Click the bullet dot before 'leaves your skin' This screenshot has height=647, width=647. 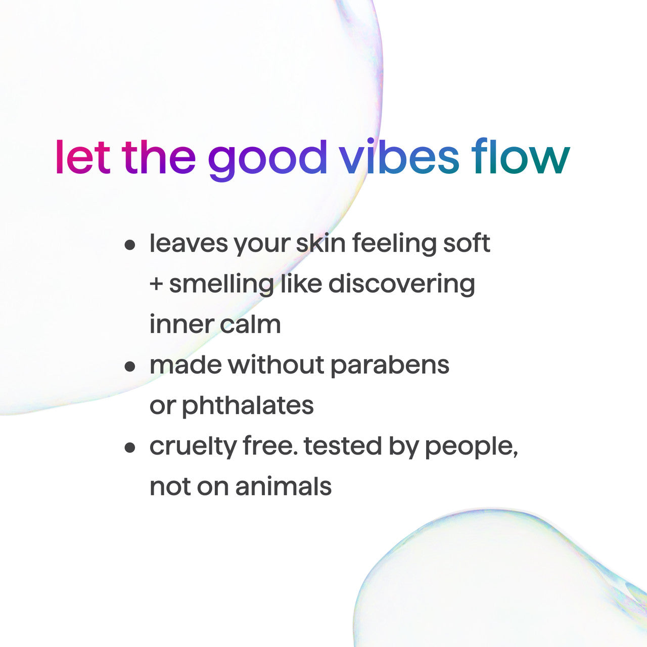130,245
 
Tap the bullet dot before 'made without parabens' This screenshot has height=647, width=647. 130,366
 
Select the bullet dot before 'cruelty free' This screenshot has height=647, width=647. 130,447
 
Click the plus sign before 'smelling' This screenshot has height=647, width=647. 156,285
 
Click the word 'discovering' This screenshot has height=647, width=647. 402,284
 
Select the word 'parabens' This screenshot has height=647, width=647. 390,365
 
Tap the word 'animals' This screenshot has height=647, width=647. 283,487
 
